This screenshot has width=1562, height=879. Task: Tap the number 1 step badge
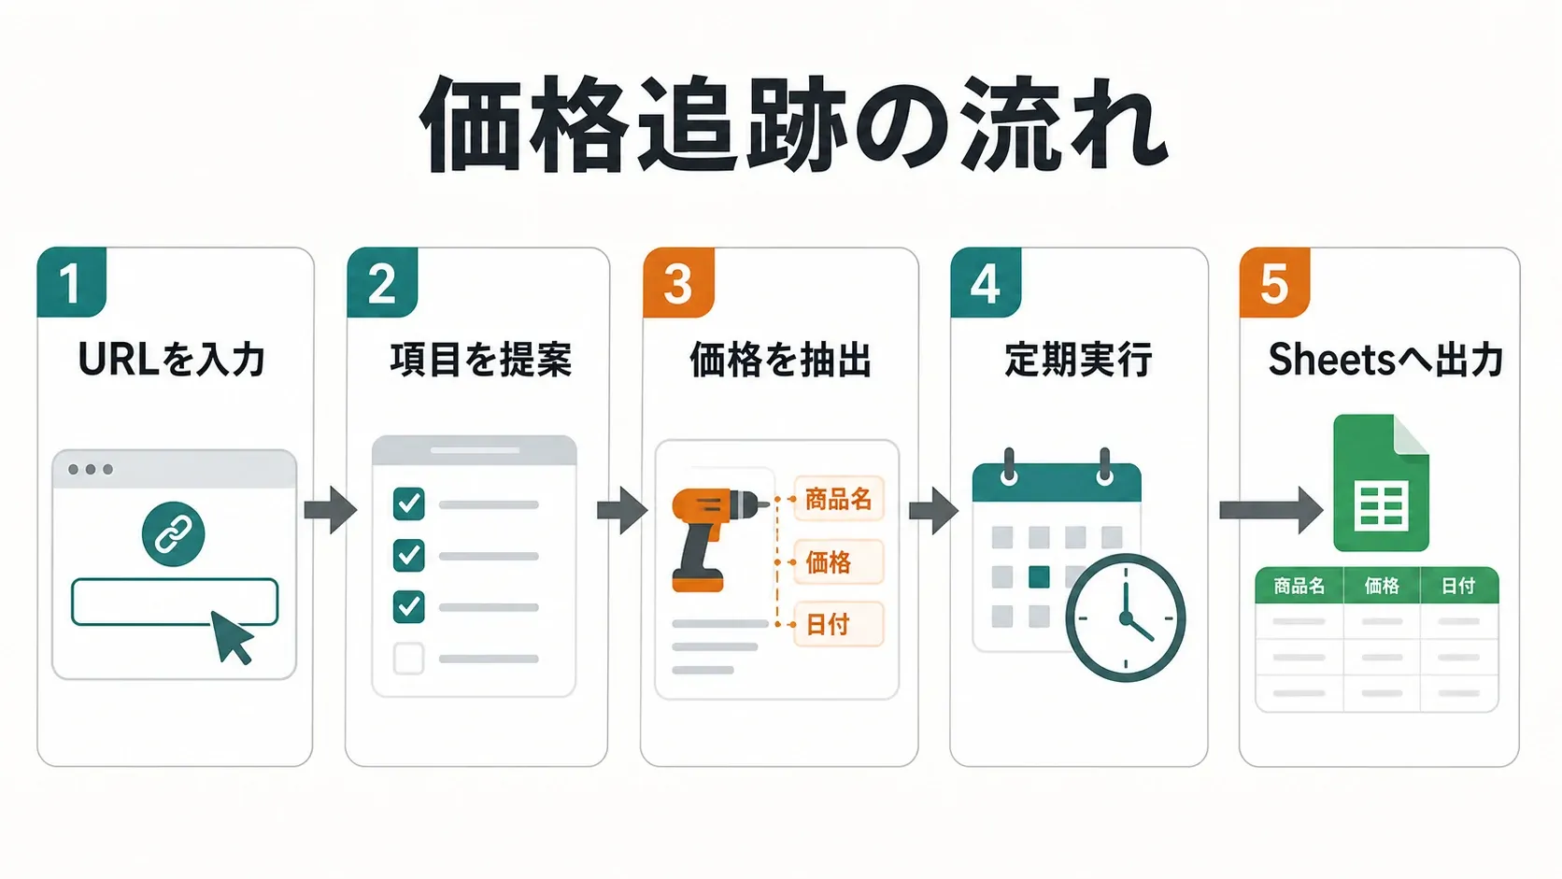click(71, 281)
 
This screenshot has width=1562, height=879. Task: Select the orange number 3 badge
click(678, 282)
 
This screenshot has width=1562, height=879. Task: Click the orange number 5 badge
click(1274, 282)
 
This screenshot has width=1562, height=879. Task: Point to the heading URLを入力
click(172, 360)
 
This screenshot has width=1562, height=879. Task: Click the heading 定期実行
click(1078, 360)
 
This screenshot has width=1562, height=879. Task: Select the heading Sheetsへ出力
click(1384, 360)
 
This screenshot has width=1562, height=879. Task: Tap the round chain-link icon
click(173, 534)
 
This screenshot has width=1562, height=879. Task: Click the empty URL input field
click(175, 602)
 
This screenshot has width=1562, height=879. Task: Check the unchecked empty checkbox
click(408, 658)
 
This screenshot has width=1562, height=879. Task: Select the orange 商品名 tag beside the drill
click(839, 499)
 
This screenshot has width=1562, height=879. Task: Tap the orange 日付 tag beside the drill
click(839, 624)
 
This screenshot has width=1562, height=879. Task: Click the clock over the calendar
click(1126, 617)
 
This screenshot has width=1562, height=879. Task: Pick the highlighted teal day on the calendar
click(1039, 577)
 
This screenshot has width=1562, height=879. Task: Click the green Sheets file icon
click(1381, 482)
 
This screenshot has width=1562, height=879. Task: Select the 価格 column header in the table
click(1382, 586)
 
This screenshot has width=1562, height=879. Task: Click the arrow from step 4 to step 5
click(1271, 510)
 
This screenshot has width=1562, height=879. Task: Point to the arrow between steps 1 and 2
click(331, 510)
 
